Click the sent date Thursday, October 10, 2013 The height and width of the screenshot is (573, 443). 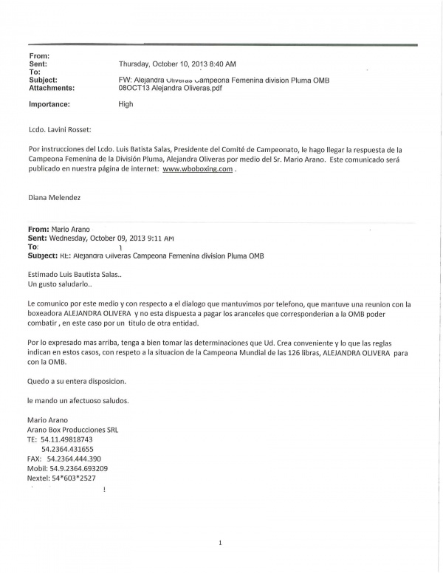point(177,64)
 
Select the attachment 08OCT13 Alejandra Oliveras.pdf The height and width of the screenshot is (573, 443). point(170,88)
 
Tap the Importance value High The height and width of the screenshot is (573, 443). point(126,104)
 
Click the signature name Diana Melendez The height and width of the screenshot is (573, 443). point(55,197)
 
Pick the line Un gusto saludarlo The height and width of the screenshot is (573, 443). point(61,284)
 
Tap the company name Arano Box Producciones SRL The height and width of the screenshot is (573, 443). point(72,430)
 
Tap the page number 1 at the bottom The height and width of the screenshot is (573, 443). point(220,543)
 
